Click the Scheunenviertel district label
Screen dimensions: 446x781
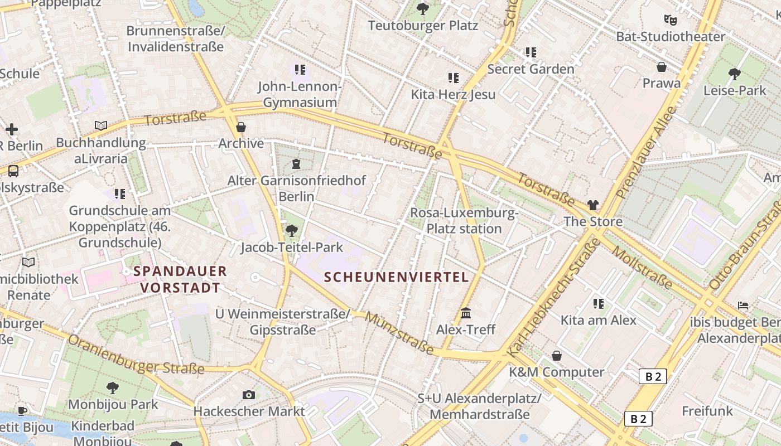[x=396, y=277]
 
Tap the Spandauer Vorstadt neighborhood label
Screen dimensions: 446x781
[x=180, y=280]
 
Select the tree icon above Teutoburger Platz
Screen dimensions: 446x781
[x=423, y=9]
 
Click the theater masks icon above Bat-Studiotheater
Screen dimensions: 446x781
[x=671, y=20]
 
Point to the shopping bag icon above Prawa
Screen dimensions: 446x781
[x=662, y=67]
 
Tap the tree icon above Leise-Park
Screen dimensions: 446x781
[x=735, y=74]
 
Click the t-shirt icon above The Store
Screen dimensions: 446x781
[x=592, y=205]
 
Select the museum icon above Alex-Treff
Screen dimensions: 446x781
[x=466, y=313]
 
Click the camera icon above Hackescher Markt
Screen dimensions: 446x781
[x=249, y=395]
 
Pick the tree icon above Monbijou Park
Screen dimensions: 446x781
[x=113, y=387]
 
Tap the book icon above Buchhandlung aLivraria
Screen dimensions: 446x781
[x=100, y=126]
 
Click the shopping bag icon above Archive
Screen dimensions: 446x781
[x=241, y=127]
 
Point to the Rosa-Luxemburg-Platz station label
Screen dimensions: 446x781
[x=464, y=221]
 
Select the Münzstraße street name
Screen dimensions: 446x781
[x=400, y=333]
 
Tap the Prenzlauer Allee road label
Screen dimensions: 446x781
[x=647, y=152]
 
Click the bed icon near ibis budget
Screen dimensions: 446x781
[x=743, y=306]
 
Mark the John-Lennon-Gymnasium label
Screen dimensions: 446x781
[x=300, y=94]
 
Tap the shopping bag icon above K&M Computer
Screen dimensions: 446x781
[x=556, y=356]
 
